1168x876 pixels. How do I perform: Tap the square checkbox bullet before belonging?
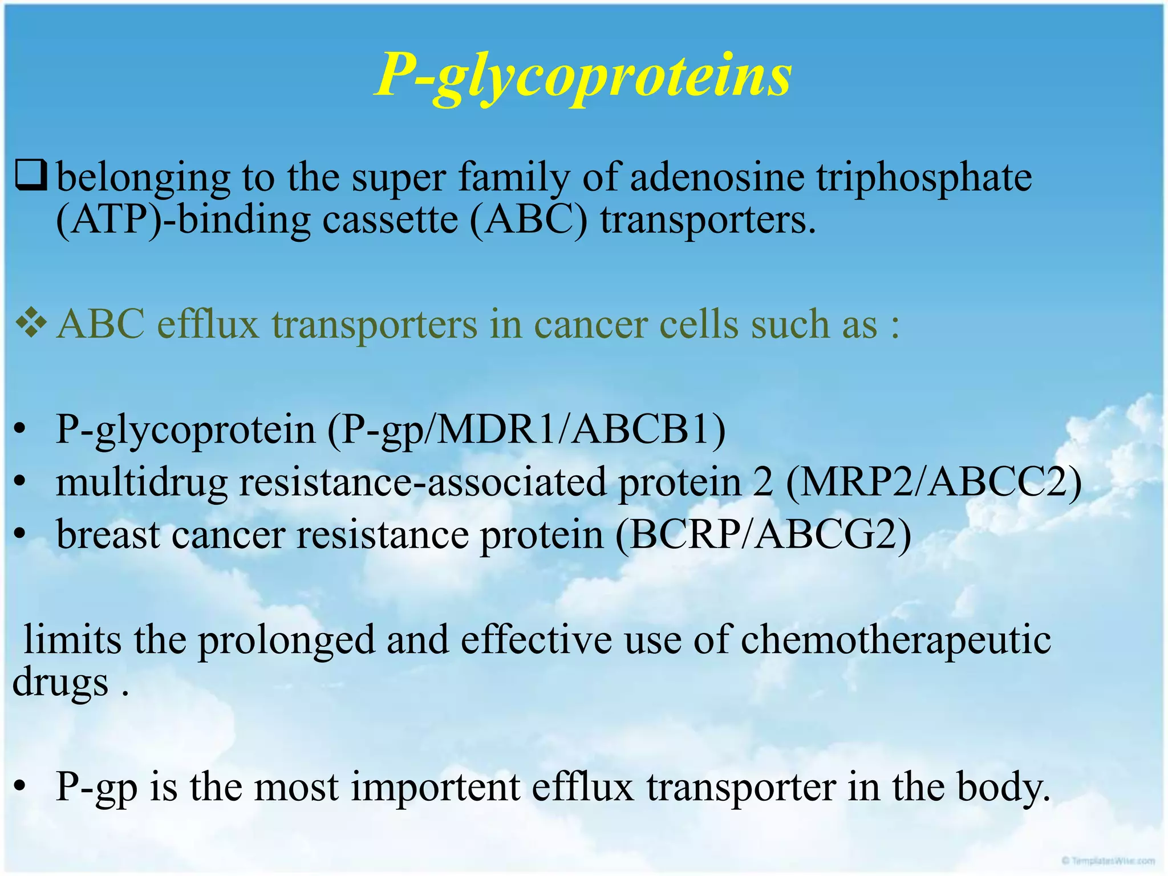pyautogui.click(x=31, y=176)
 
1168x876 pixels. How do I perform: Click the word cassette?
pyautogui.click(x=390, y=220)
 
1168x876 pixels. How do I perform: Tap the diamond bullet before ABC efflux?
pyautogui.click(x=31, y=323)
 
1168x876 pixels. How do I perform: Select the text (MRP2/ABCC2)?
pyautogui.click(x=933, y=482)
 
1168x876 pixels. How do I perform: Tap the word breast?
pyautogui.click(x=108, y=534)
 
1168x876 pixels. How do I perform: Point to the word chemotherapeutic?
pyautogui.click(x=895, y=639)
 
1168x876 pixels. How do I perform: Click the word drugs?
pyautogui.click(x=60, y=682)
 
